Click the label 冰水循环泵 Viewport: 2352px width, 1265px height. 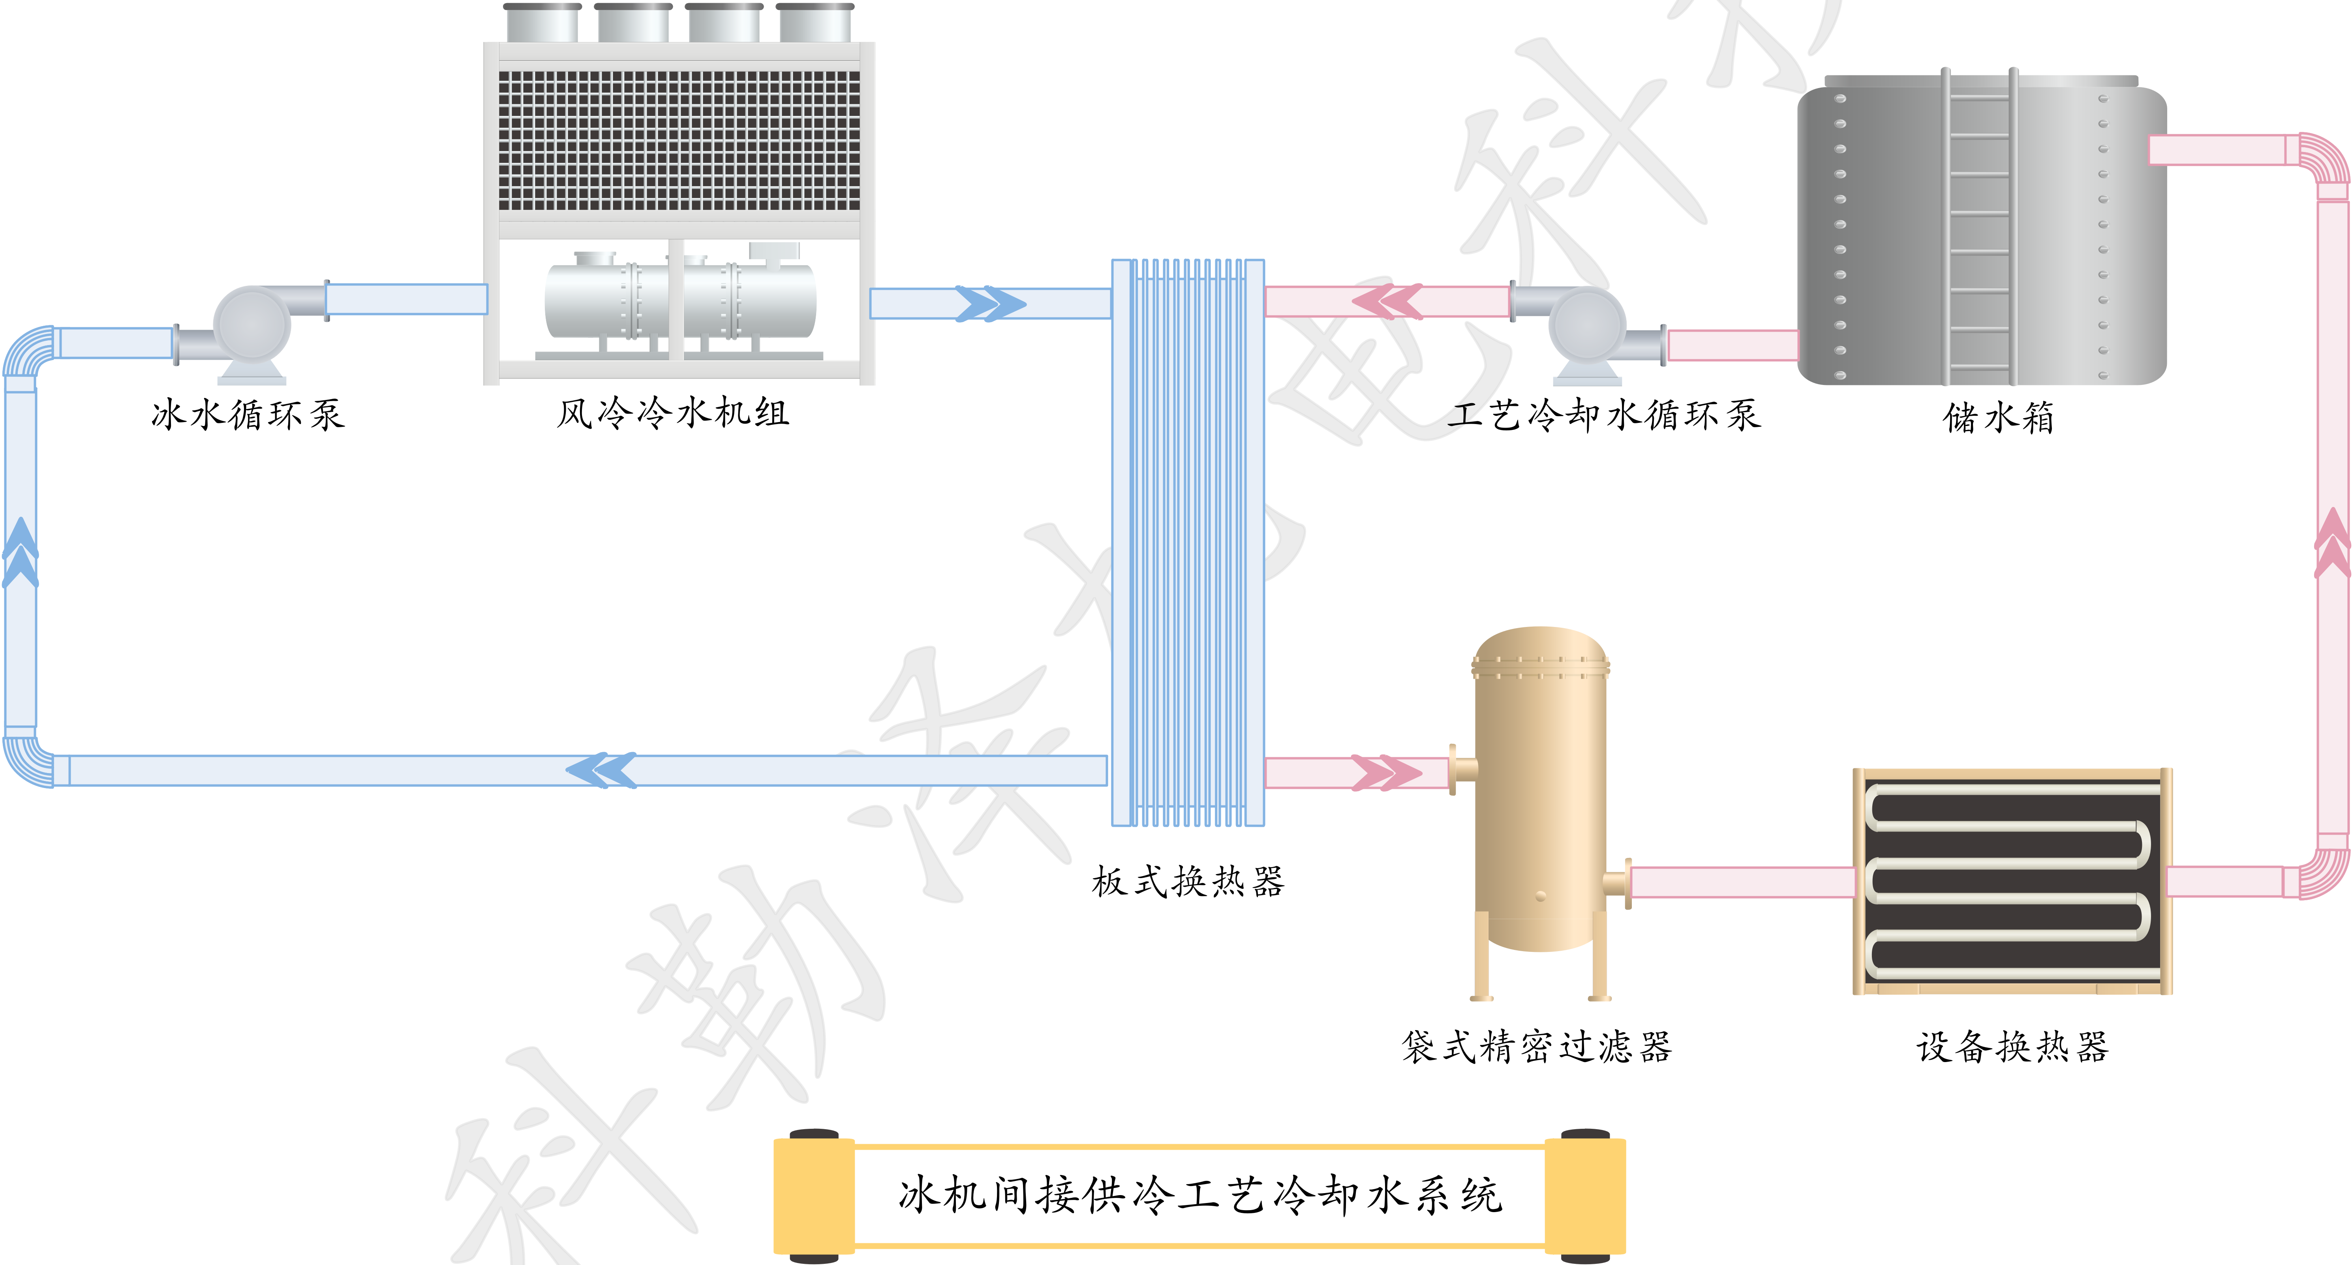coord(248,415)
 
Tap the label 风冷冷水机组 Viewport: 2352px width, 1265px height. coord(673,413)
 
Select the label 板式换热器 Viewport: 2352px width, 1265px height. coord(1188,882)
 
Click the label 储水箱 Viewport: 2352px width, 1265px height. coord(1998,418)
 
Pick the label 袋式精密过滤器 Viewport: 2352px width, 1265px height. coord(1537,1047)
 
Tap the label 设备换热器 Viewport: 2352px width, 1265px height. coord(2012,1047)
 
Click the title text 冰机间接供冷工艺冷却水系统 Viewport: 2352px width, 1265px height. coord(1200,1195)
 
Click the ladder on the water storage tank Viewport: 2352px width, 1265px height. coord(1978,228)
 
